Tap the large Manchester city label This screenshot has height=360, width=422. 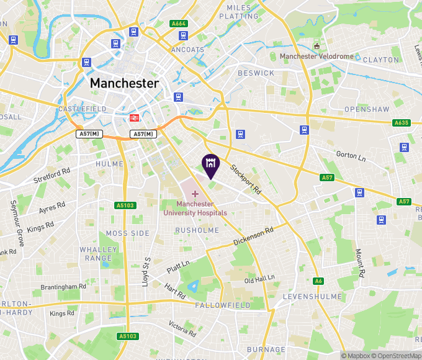click(124, 83)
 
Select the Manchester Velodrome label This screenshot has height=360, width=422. click(316, 56)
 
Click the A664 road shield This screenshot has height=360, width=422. click(179, 24)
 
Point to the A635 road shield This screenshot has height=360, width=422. click(402, 123)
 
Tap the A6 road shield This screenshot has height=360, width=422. click(318, 281)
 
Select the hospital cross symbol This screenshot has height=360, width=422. click(195, 194)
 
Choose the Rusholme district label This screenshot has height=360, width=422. click(197, 230)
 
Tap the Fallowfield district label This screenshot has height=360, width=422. click(222, 305)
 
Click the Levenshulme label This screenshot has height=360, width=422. click(309, 297)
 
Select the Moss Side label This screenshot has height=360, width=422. click(127, 233)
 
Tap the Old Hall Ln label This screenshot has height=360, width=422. click(259, 280)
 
